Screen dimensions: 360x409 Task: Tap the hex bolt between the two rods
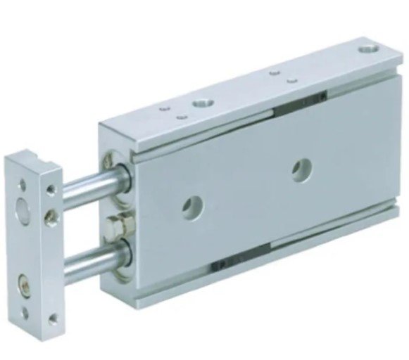[x=114, y=226]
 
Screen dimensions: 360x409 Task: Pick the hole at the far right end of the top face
[x=367, y=50]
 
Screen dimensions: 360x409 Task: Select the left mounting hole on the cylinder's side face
[x=189, y=207]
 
